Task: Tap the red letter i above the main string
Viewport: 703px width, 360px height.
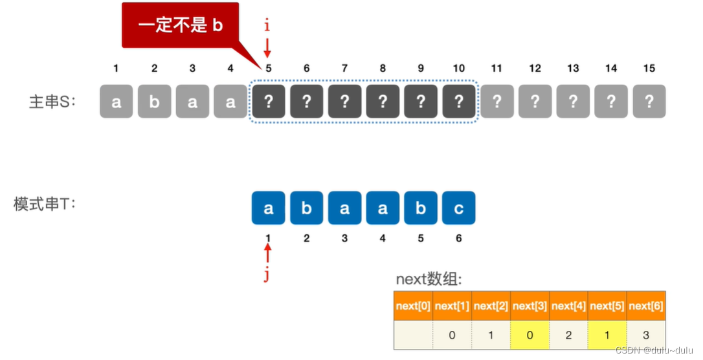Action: point(267,26)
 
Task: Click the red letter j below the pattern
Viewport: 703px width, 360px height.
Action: point(267,275)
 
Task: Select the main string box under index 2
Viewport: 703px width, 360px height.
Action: point(154,102)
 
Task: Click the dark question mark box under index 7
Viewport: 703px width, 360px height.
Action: point(344,102)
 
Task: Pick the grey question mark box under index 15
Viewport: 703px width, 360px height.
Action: point(649,102)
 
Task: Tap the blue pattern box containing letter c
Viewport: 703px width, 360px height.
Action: point(459,208)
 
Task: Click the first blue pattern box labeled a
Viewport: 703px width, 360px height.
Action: point(268,208)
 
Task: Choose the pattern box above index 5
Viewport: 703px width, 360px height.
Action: point(421,208)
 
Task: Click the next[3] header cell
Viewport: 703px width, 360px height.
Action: point(530,306)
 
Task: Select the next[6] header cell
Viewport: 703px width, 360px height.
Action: point(646,306)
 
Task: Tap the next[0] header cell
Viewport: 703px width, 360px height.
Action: point(413,306)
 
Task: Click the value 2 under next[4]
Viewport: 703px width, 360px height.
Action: point(568,335)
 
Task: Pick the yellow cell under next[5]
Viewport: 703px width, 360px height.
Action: point(607,335)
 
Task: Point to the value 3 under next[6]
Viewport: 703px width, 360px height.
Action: point(646,335)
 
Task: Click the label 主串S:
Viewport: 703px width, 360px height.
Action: point(52,102)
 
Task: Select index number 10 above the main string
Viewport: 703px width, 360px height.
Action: point(458,68)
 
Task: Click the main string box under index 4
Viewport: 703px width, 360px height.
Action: point(230,102)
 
